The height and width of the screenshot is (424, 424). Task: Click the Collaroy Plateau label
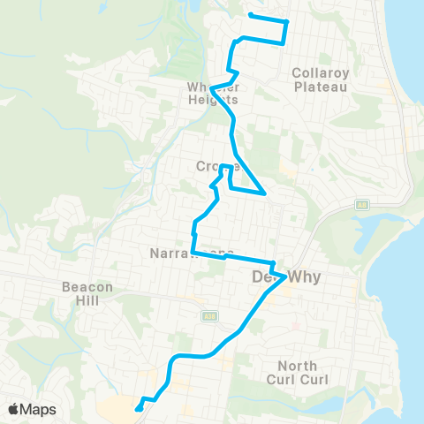[322, 80]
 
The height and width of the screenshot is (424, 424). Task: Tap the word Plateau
[322, 87]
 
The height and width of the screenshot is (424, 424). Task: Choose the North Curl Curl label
[303, 373]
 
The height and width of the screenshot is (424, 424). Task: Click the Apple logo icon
[15, 409]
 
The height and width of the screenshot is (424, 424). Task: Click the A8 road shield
[361, 203]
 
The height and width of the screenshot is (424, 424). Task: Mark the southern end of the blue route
[139, 409]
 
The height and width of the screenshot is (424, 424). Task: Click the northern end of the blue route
[251, 15]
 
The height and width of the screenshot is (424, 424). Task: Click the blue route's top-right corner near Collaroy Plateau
[288, 21]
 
